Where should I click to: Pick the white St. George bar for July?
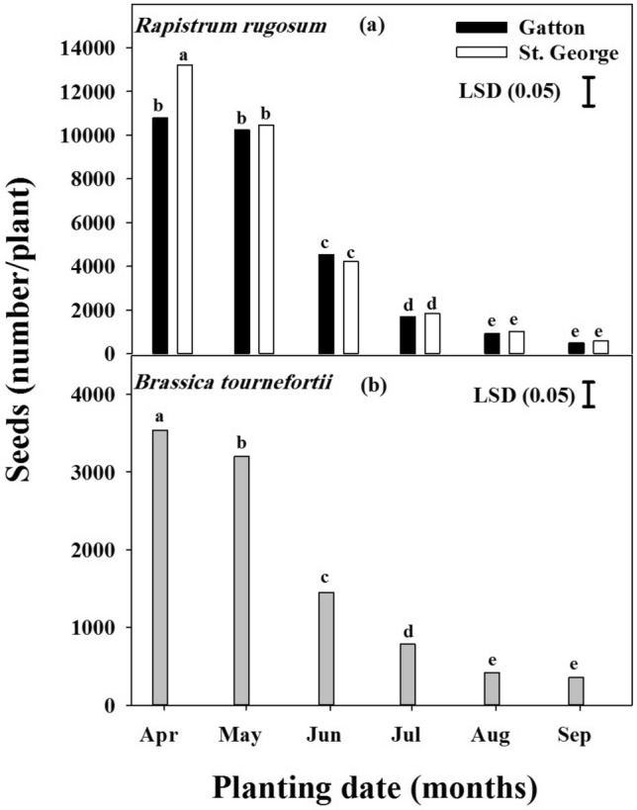coord(432,333)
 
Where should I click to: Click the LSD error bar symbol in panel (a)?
coord(589,91)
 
